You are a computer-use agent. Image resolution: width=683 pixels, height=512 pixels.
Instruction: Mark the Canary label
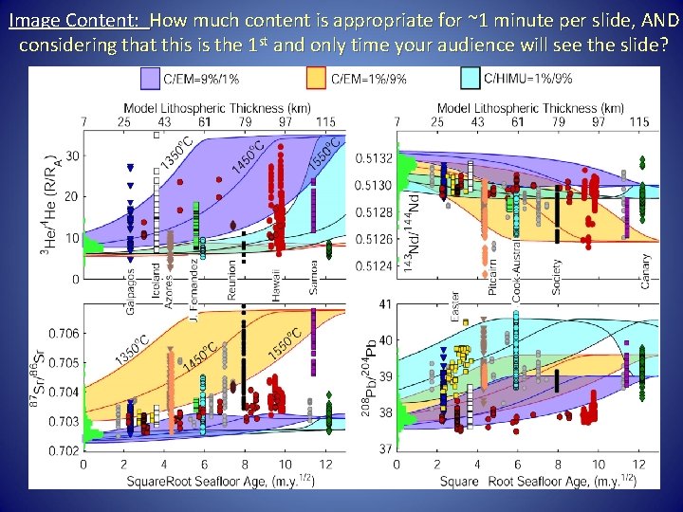(x=646, y=270)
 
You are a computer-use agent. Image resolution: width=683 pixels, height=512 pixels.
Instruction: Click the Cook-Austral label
(x=517, y=268)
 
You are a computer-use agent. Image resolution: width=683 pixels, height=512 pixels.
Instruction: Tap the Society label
(x=557, y=274)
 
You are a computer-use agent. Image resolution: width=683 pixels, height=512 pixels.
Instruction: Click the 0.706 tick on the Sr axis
(x=65, y=333)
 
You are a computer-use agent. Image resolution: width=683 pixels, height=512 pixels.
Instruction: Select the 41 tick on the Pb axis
(x=385, y=304)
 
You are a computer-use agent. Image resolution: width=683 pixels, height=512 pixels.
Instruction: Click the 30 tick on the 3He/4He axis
(x=72, y=155)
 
